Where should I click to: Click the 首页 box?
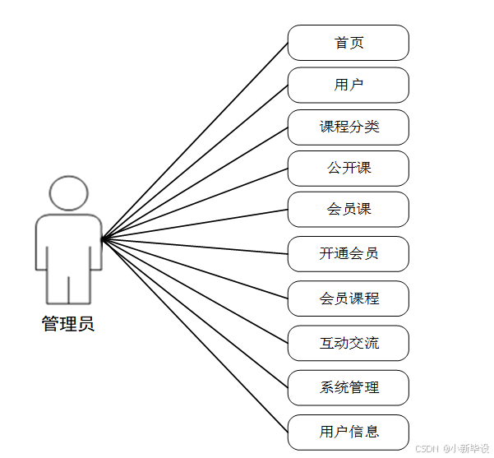tap(349, 43)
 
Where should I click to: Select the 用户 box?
tap(349, 85)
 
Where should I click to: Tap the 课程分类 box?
tap(349, 127)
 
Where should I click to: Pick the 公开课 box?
tap(349, 168)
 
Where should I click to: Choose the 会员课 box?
tap(349, 209)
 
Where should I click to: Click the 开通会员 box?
tap(349, 253)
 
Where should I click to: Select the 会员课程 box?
tap(349, 298)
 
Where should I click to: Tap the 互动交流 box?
tap(349, 343)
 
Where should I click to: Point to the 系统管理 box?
tap(349, 387)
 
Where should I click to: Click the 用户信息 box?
tap(349, 432)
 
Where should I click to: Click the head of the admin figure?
tap(68, 192)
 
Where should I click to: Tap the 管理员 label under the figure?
tap(68, 324)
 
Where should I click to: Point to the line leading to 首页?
tap(195, 141)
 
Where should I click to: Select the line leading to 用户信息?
tap(195, 335)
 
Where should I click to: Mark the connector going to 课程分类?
tap(195, 183)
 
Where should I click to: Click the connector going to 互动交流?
tap(195, 290)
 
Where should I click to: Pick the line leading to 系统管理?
tap(195, 313)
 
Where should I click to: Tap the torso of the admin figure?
tap(68, 243)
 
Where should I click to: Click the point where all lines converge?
tap(102, 239)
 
